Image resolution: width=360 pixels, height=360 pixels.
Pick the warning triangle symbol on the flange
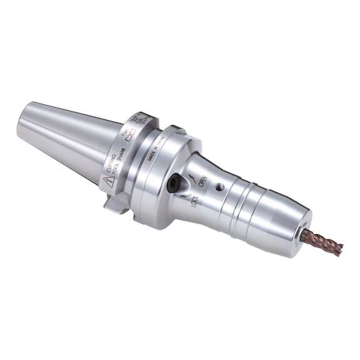click(x=107, y=182)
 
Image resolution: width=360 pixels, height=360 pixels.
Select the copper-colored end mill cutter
click(x=322, y=242)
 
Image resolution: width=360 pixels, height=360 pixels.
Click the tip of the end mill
click(x=341, y=249)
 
